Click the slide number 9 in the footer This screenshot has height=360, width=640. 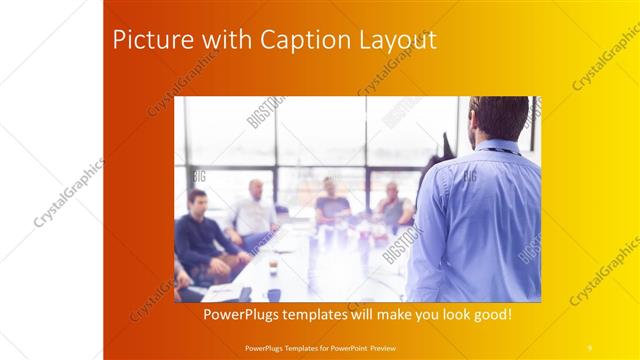pos(589,347)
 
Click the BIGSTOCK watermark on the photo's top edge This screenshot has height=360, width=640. pos(266,111)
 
